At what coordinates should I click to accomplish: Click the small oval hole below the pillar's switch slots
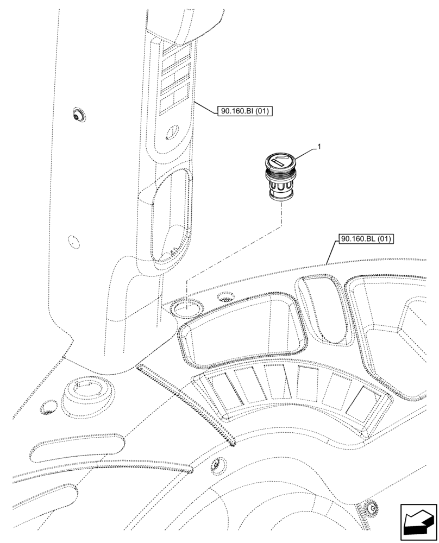[x=173, y=131]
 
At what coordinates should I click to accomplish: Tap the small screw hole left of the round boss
[x=48, y=408]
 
